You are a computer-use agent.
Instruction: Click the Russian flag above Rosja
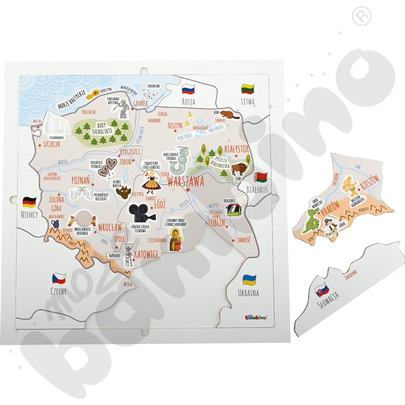[x=188, y=89]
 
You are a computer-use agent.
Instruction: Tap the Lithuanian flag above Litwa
[x=247, y=88]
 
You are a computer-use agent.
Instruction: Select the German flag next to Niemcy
[x=30, y=201]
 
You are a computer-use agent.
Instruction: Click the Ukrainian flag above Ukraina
[x=248, y=279]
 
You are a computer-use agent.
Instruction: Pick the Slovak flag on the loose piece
[x=322, y=290]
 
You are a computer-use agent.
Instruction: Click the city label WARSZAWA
[x=185, y=181]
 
